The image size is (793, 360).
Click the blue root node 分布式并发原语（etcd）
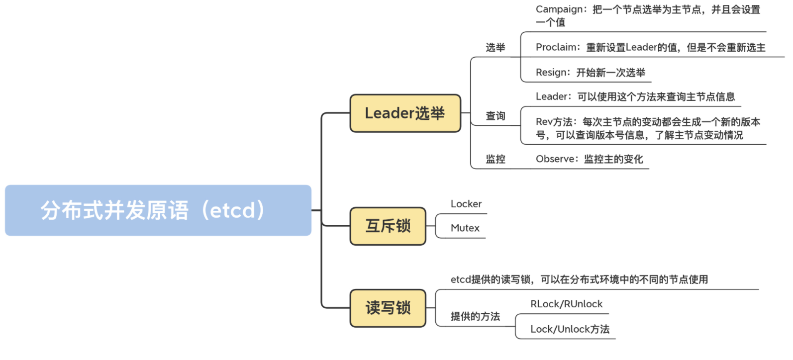coord(158,210)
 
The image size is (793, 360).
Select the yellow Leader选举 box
coord(405,113)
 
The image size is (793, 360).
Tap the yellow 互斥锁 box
coord(388,226)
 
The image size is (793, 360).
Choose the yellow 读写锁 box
coord(388,308)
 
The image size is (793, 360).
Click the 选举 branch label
coord(495,48)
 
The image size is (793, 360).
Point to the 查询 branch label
coord(495,116)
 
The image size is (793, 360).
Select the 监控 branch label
coord(495,159)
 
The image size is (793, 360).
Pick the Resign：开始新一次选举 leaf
coord(590,73)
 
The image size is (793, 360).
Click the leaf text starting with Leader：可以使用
coord(635,97)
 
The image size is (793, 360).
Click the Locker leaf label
coord(466,204)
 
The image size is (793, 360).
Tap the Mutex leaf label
coord(465,228)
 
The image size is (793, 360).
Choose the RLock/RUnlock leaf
coord(566,304)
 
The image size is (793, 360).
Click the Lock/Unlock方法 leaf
coord(570,329)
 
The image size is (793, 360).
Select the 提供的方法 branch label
coord(475,317)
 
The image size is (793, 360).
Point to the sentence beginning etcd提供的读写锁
coord(579,279)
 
